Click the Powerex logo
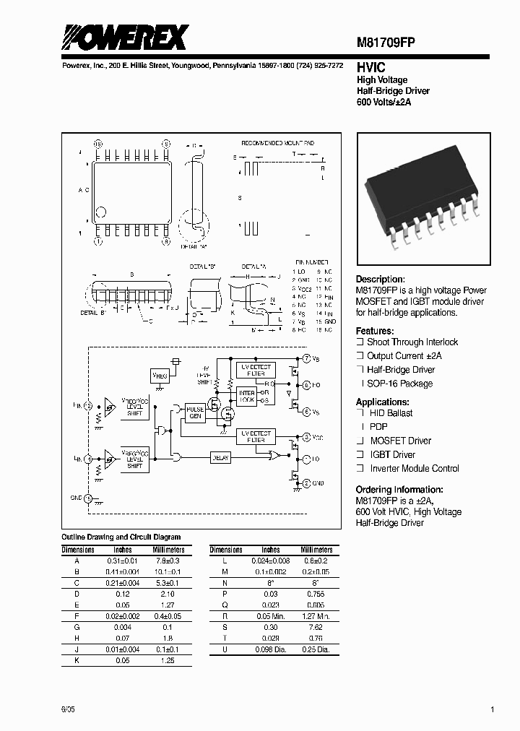click(x=124, y=37)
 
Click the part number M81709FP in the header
click(x=386, y=42)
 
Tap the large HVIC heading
click(x=370, y=66)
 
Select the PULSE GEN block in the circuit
click(x=195, y=412)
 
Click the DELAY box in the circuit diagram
click(x=221, y=457)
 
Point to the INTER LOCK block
click(x=247, y=396)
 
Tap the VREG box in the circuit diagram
click(x=159, y=376)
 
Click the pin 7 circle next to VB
click(x=305, y=359)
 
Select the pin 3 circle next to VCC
click(x=305, y=438)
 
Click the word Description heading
click(x=381, y=280)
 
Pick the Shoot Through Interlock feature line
click(x=412, y=342)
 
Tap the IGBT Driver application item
click(x=393, y=454)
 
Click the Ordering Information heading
click(x=399, y=489)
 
